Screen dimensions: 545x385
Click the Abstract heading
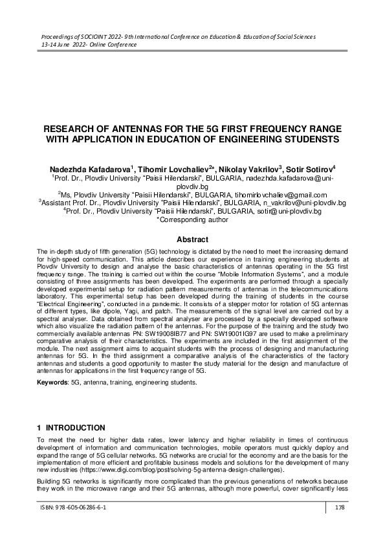(x=192, y=239)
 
